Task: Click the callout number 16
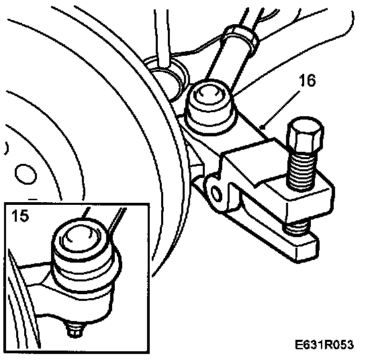tap(308, 81)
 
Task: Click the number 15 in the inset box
tap(20, 216)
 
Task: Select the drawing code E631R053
tap(324, 345)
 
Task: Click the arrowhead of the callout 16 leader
tap(263, 126)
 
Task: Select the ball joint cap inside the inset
tap(81, 243)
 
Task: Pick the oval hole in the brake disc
tap(26, 174)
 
